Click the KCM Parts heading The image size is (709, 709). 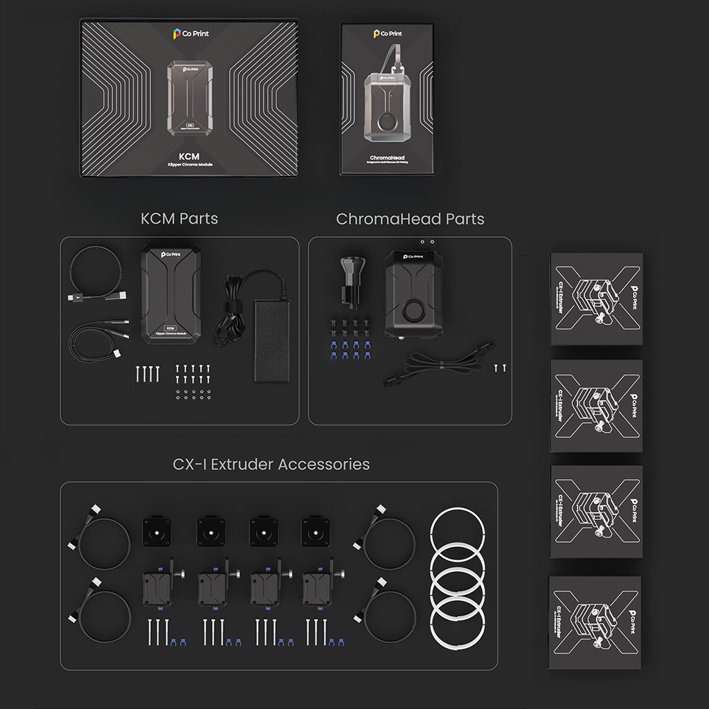tap(179, 219)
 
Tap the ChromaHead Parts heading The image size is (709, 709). tap(410, 219)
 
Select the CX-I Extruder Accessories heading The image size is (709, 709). tap(271, 464)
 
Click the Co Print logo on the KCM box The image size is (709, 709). tap(190, 33)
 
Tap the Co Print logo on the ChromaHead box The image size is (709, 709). tap(388, 33)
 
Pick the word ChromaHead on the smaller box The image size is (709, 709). tap(388, 158)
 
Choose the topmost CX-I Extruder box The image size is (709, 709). tap(596, 298)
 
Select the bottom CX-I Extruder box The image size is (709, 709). tap(595, 622)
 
